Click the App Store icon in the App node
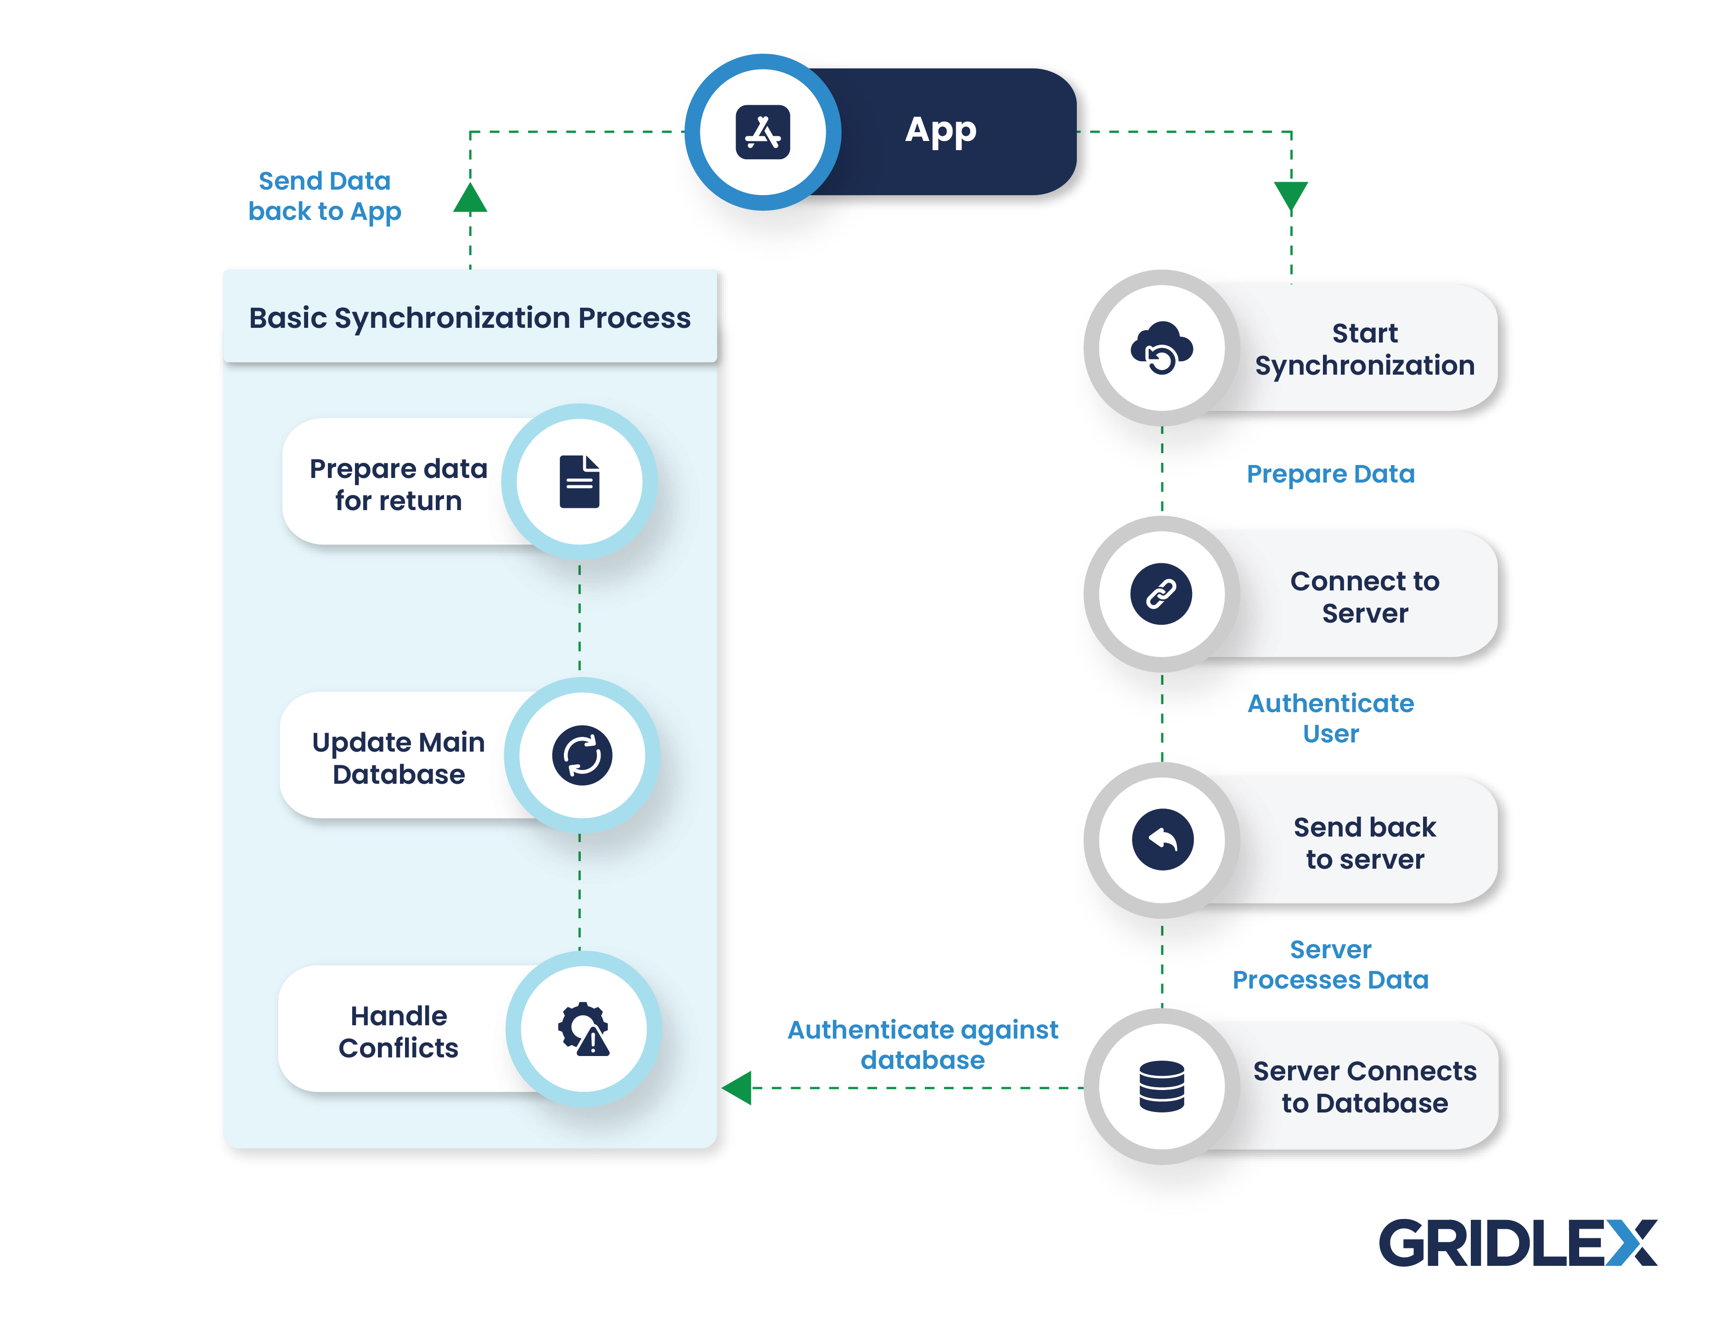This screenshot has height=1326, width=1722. (762, 132)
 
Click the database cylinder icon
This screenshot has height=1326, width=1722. (1161, 1086)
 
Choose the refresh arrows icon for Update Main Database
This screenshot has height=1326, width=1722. (582, 755)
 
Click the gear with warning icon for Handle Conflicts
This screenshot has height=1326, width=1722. (584, 1029)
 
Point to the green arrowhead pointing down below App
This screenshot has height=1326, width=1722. (1291, 195)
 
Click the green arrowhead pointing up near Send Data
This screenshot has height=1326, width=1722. (470, 199)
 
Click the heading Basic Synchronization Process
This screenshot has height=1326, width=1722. (470, 318)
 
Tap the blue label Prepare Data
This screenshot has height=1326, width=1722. (1330, 474)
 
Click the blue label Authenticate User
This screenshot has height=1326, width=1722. (1330, 718)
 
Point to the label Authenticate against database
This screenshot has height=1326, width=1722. (923, 1045)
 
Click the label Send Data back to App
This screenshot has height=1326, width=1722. (325, 197)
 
